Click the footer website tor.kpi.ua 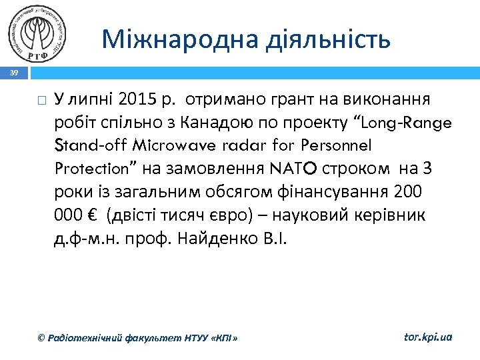428,337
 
